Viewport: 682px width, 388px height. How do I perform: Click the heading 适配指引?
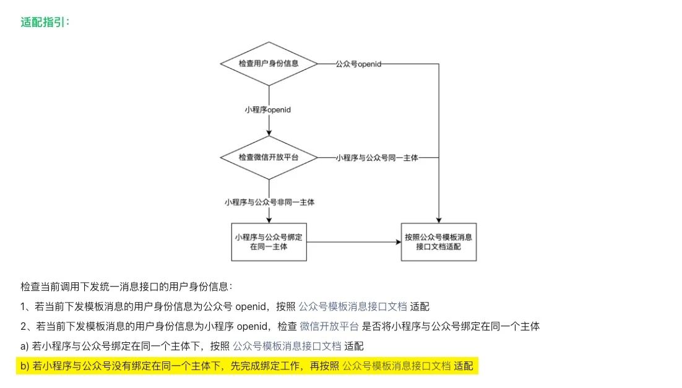pos(45,22)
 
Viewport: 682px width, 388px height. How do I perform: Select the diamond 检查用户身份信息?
pos(269,64)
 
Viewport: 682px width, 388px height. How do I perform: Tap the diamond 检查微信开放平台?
pos(269,158)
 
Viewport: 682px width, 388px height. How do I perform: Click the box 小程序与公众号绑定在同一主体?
pos(269,241)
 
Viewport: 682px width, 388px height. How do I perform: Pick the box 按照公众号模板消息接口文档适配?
pos(439,241)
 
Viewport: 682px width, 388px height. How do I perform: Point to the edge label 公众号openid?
pos(358,64)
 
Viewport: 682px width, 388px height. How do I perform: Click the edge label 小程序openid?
pos(268,110)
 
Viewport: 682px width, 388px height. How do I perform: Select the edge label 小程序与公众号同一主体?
pos(377,158)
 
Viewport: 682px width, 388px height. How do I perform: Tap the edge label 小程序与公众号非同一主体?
pos(269,202)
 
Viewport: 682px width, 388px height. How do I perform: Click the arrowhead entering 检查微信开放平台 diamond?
pos(269,132)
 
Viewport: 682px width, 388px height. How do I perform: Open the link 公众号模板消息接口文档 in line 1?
pos(353,306)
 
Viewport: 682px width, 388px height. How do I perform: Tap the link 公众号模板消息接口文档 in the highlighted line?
pos(396,366)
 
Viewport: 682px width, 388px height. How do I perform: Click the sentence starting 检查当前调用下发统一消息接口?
pos(126,287)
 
